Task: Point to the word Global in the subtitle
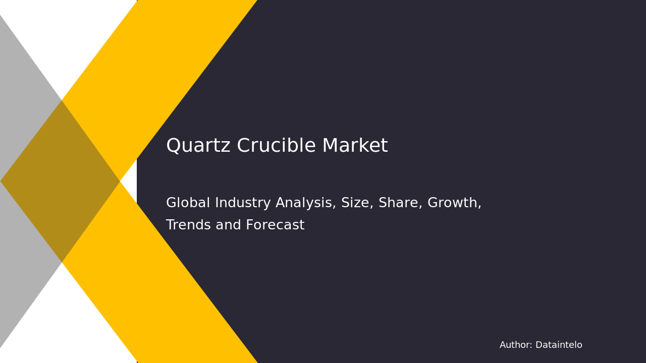click(187, 203)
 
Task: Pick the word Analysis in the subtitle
click(306, 203)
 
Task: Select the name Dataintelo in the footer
click(559, 345)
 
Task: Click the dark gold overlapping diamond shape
click(61, 181)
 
